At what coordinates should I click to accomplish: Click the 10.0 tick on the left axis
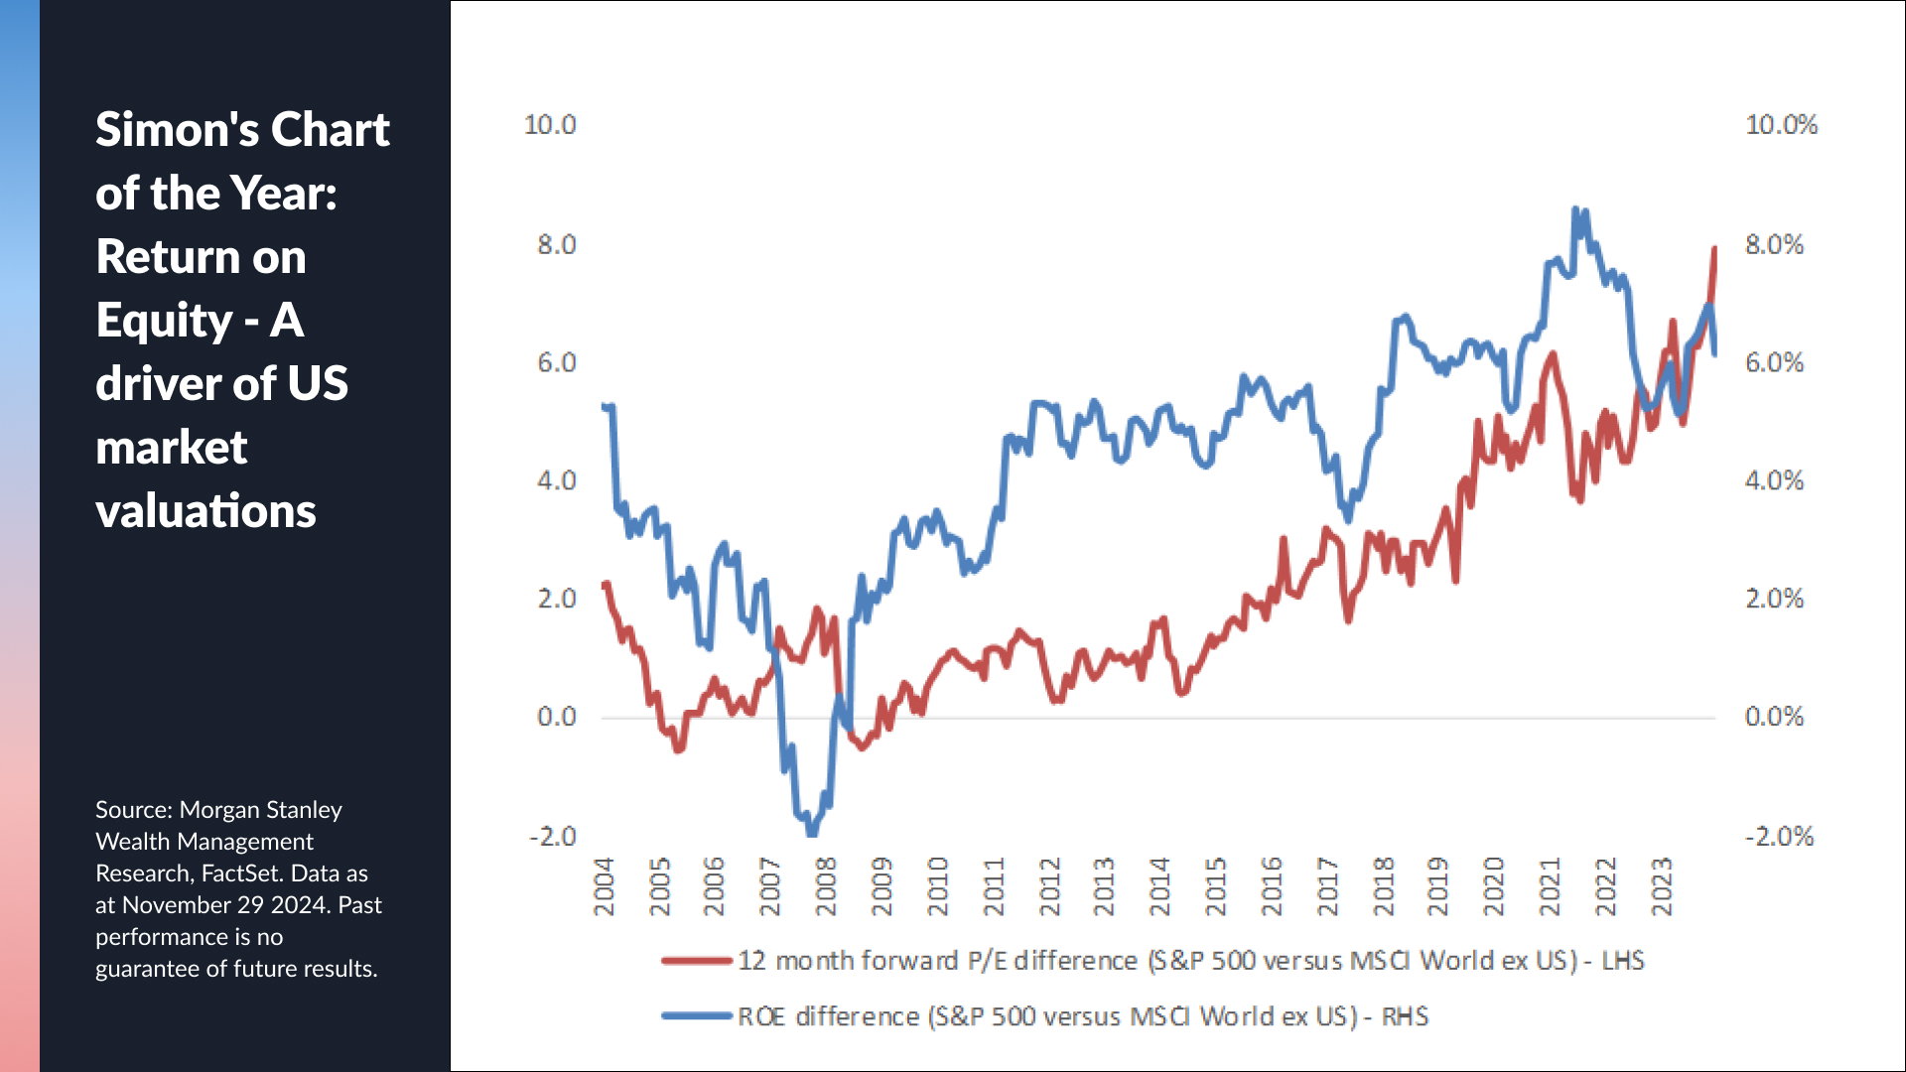pos(550,125)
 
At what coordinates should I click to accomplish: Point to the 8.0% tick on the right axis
pos(1774,244)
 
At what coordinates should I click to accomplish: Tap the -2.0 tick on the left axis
pos(552,836)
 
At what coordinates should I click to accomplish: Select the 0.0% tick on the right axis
pos(1774,717)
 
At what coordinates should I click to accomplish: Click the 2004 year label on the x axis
pos(604,886)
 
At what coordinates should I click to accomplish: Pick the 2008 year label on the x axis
pos(826,886)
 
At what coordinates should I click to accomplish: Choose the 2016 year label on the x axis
pos(1272,886)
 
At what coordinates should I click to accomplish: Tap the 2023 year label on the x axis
pos(1662,886)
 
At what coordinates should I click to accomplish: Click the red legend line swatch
pos(697,961)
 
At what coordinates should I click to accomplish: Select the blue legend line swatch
pos(697,1016)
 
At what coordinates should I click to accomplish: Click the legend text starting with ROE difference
pos(1082,1016)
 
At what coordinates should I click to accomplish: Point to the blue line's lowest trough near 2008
pos(812,832)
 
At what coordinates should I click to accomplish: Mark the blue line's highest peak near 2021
pos(1575,210)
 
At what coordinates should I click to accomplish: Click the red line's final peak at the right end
pos(1713,248)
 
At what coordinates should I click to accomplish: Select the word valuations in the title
pos(205,511)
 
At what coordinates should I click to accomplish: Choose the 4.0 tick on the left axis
pos(556,480)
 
